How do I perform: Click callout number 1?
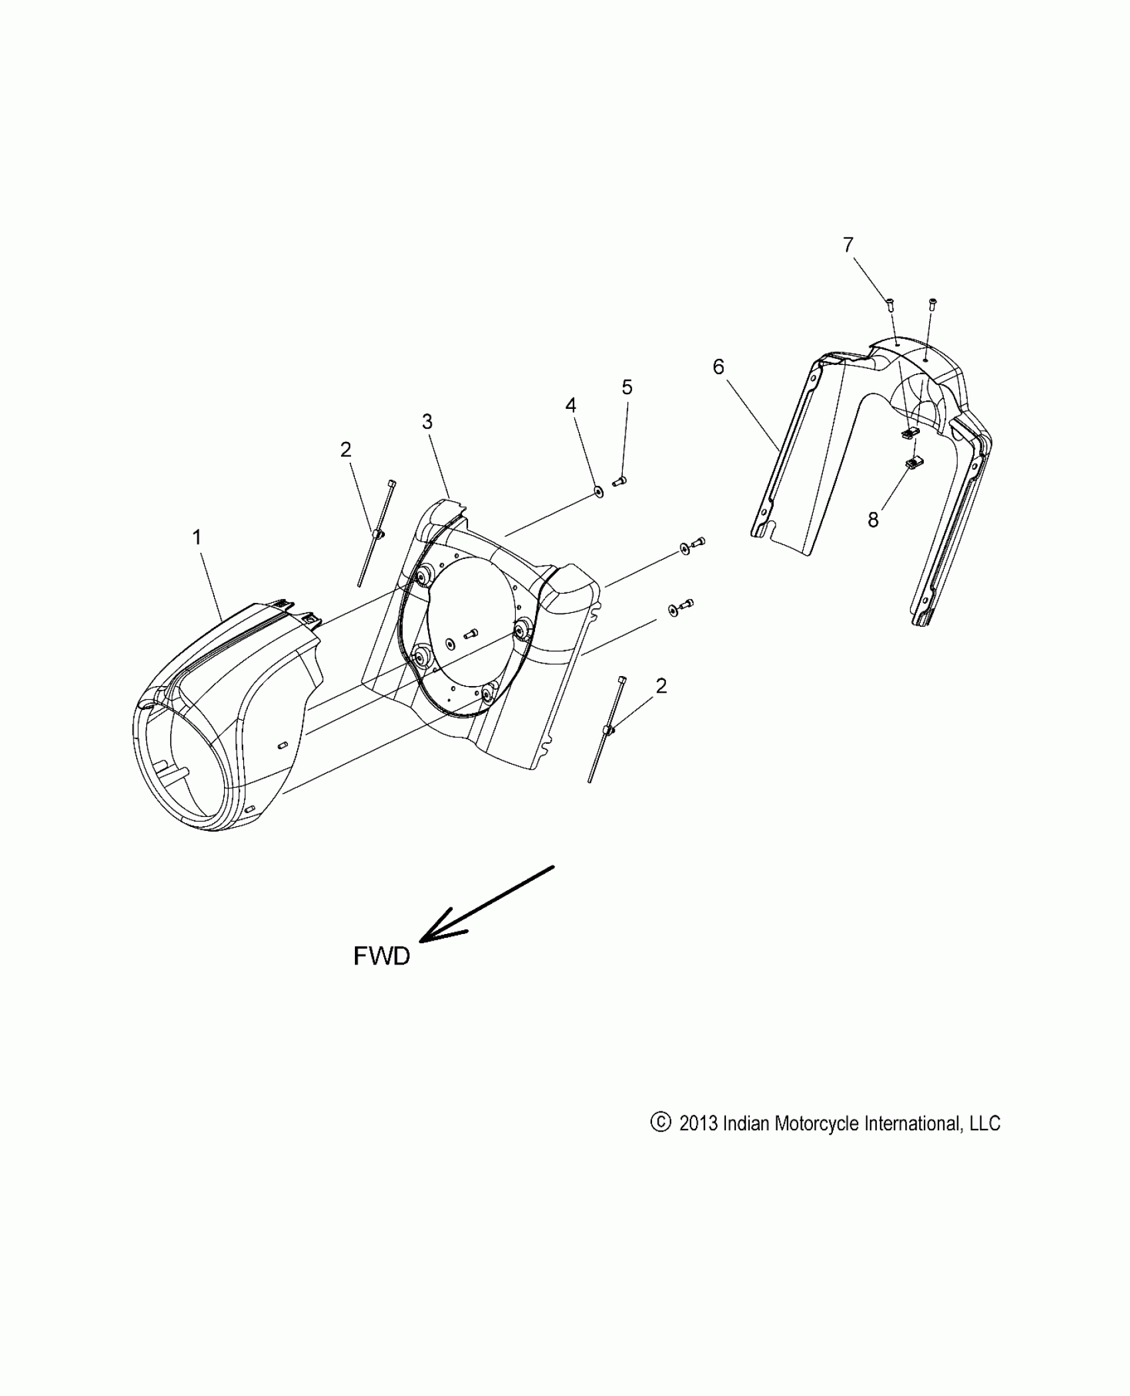(197, 538)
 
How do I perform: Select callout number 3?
(427, 421)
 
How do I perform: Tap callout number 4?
(571, 405)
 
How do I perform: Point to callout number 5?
(627, 387)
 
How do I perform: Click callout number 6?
(719, 367)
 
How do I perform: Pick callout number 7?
(848, 245)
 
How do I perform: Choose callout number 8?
(873, 520)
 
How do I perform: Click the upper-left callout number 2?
(346, 450)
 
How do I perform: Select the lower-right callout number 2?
(661, 686)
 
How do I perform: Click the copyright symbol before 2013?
(660, 1123)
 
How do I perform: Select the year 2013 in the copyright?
(698, 1123)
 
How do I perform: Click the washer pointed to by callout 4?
(599, 492)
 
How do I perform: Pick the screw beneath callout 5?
(620, 481)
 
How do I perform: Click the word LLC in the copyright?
(985, 1123)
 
